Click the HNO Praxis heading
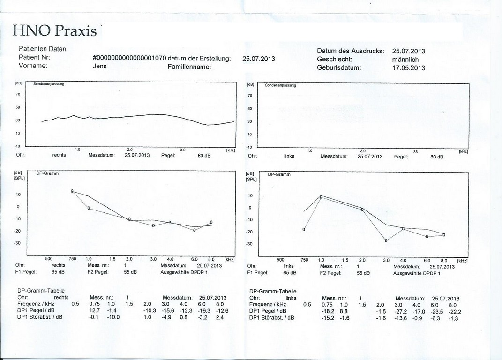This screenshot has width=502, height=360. [55, 30]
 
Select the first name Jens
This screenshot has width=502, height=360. [100, 67]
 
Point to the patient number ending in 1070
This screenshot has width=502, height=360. [129, 59]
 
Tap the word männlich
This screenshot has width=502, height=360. [405, 60]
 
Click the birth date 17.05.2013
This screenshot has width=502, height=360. [409, 68]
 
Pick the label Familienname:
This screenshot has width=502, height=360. [189, 67]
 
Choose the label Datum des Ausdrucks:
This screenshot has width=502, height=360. [351, 51]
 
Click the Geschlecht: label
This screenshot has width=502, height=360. [335, 60]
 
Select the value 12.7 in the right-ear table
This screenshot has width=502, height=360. [95, 310]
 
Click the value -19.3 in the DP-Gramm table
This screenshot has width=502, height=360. [203, 310]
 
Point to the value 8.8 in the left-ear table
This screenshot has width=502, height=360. [343, 312]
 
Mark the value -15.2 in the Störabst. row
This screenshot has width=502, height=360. [329, 318]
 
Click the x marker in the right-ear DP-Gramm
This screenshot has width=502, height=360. [171, 222]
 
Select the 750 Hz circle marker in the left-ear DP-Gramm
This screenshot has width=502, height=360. [304, 230]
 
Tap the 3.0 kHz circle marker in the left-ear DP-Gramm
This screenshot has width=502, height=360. [386, 240]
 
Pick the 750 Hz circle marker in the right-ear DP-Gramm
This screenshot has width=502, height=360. [72, 191]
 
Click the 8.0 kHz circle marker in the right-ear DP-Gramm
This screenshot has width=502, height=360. [211, 222]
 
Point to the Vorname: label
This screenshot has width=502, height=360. [33, 66]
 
